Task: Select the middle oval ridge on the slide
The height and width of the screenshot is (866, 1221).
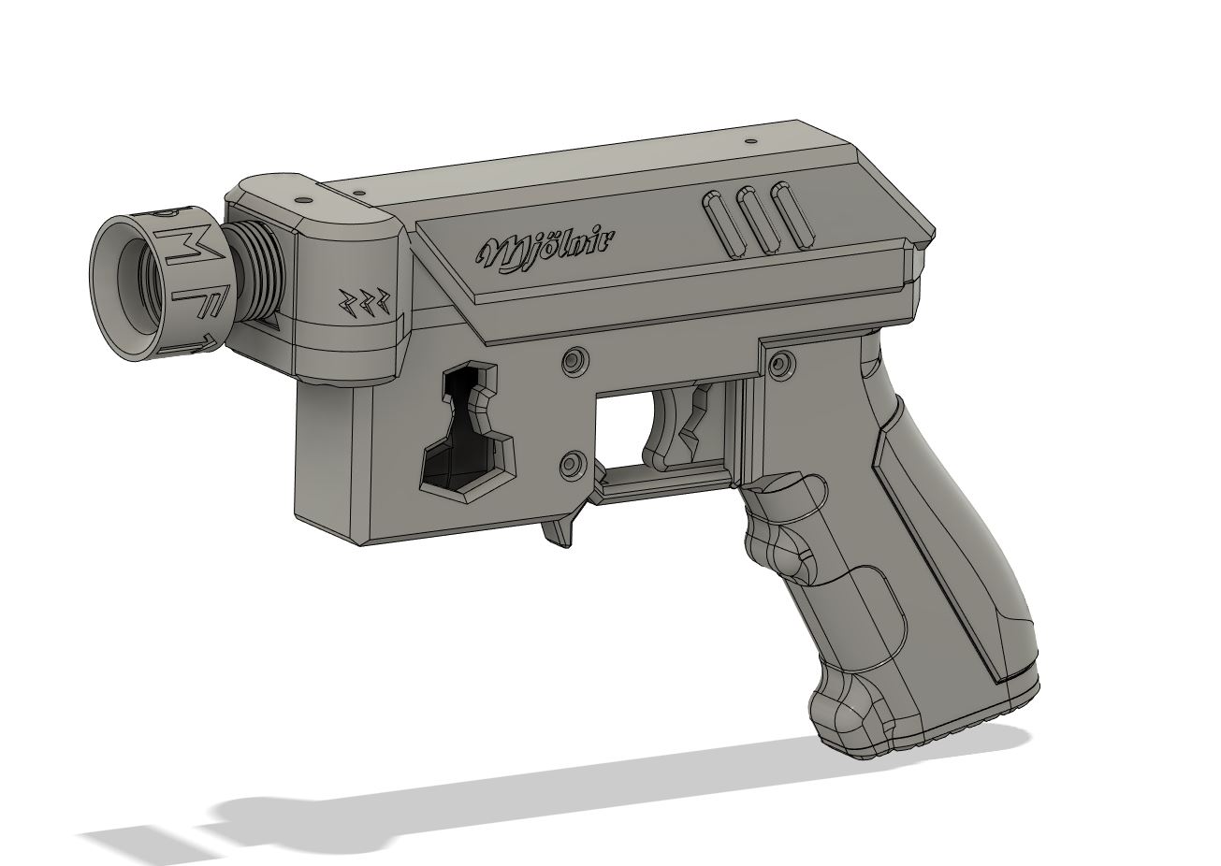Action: (x=755, y=221)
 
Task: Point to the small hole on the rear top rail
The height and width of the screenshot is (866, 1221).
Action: (x=750, y=143)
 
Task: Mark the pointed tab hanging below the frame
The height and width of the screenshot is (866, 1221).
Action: (x=558, y=532)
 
